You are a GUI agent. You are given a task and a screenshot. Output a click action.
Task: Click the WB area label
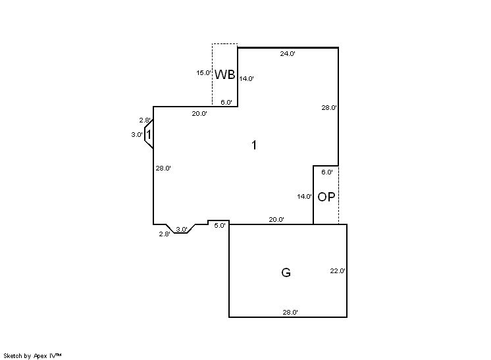[225, 74]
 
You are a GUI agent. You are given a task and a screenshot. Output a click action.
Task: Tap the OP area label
[326, 197]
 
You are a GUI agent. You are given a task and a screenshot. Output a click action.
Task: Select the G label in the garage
[286, 272]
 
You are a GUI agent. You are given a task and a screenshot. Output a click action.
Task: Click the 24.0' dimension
[288, 54]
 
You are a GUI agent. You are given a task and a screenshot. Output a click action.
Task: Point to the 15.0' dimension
[203, 73]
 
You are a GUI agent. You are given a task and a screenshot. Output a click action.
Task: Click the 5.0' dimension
[220, 226]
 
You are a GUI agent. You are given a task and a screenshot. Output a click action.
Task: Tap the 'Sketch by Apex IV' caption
[34, 355]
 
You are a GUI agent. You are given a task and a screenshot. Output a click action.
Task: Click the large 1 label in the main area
[254, 145]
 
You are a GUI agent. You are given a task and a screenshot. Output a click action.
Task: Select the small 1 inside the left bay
[149, 135]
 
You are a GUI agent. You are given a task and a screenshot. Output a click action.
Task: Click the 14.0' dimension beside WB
[246, 78]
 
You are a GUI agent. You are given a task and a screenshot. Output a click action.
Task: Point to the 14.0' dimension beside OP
[304, 196]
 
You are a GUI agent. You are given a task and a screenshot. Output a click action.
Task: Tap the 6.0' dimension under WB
[226, 102]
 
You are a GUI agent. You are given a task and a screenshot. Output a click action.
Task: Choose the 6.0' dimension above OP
[327, 172]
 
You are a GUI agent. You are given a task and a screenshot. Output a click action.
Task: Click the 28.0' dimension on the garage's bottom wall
[290, 313]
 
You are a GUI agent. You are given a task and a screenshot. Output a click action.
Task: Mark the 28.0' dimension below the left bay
[163, 168]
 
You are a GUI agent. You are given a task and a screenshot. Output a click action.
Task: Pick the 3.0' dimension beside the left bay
[137, 135]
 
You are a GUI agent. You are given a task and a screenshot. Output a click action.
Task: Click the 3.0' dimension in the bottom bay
[182, 229]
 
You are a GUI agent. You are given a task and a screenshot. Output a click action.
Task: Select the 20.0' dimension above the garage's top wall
[276, 220]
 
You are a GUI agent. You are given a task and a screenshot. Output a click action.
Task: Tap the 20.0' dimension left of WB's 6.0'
[199, 114]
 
